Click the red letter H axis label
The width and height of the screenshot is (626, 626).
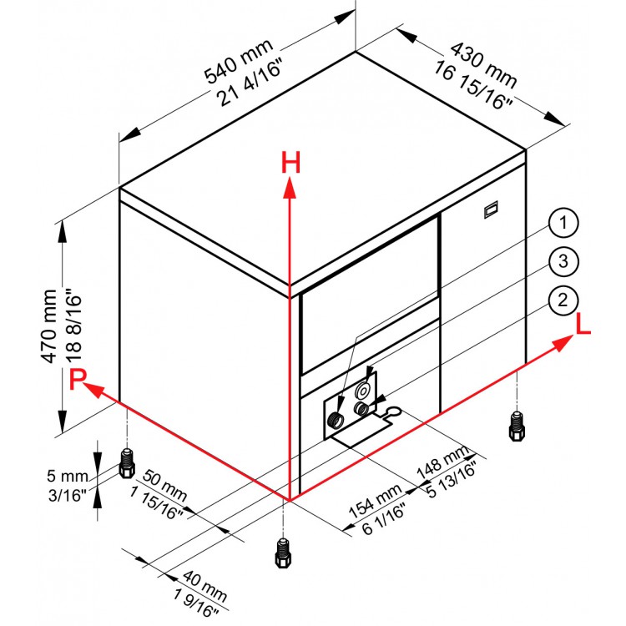[x=290, y=163]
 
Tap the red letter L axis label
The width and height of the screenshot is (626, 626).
[x=583, y=323]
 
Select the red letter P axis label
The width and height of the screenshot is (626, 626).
[x=78, y=379]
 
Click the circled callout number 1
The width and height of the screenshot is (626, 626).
[x=563, y=222]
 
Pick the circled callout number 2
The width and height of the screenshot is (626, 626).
[x=563, y=300]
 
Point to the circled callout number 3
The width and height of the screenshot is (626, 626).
[x=563, y=261]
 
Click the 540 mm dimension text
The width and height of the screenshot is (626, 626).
[x=239, y=62]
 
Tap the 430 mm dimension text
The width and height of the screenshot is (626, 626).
[x=483, y=65]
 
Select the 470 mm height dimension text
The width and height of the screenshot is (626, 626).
[x=49, y=326]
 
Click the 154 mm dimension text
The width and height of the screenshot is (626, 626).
[x=375, y=502]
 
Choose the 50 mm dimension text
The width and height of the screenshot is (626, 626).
[x=164, y=485]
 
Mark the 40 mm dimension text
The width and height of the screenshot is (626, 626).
[x=205, y=586]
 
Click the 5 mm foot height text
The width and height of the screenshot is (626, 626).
[x=68, y=476]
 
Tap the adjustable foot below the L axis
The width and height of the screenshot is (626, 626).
[x=517, y=426]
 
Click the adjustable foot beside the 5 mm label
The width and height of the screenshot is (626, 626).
[x=127, y=463]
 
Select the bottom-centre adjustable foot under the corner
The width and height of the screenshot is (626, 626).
[x=283, y=553]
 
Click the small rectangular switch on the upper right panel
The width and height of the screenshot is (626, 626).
[x=491, y=210]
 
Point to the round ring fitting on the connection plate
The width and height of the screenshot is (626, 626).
[x=363, y=390]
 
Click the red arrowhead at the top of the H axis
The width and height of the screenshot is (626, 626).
[x=290, y=188]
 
